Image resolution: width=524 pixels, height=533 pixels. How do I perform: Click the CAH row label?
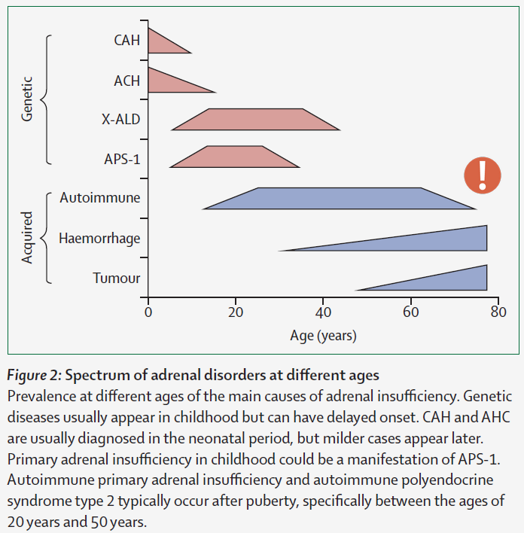126,40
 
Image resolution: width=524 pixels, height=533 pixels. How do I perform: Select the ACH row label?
126,80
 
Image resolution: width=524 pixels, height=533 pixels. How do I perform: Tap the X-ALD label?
120,119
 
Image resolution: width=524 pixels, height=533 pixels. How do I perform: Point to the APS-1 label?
122,159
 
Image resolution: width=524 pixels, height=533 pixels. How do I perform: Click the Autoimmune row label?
99,198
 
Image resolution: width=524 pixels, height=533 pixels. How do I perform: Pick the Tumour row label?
117,278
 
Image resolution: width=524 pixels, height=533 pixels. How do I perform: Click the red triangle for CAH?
162,42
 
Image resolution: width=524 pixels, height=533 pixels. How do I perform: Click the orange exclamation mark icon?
482,175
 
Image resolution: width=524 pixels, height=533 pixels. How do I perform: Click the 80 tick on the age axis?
498,312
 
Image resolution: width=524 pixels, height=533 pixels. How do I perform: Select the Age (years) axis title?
323,335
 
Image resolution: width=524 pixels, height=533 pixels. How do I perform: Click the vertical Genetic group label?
28,99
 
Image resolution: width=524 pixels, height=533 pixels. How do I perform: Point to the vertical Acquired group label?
28,238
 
